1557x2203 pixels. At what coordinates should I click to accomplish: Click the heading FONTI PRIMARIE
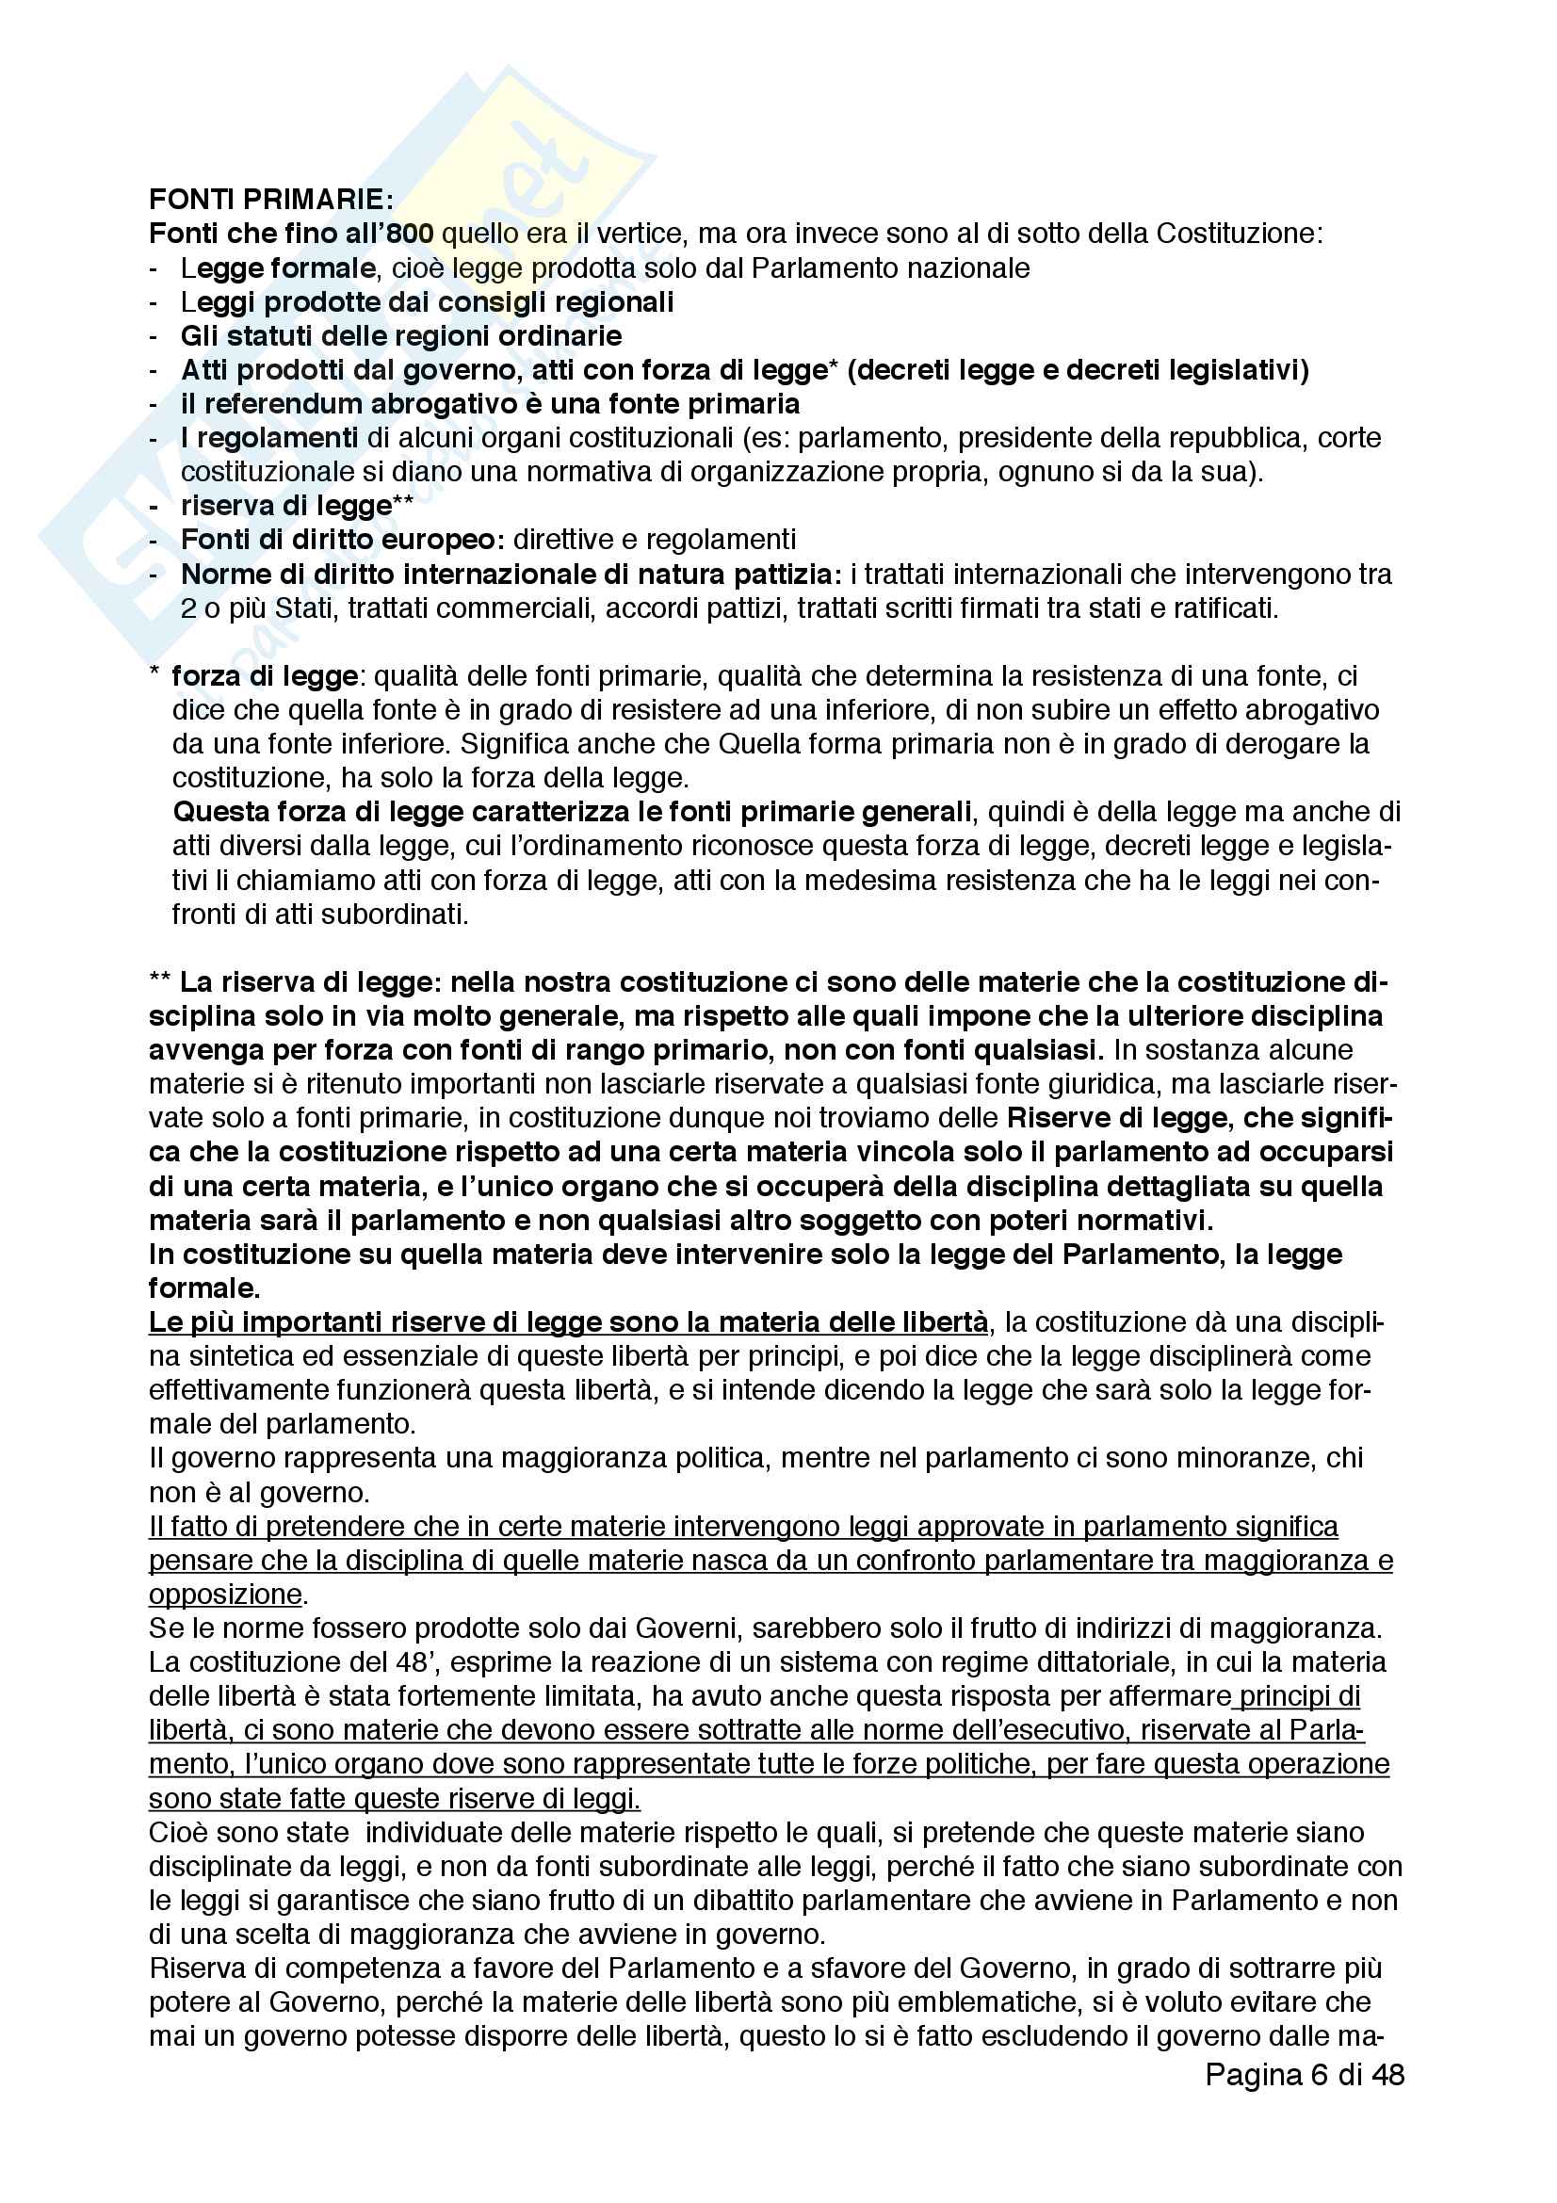tap(270, 200)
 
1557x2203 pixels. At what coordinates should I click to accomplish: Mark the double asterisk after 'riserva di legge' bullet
tap(403, 505)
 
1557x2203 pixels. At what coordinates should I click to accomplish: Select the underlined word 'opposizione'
tap(224, 1595)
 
